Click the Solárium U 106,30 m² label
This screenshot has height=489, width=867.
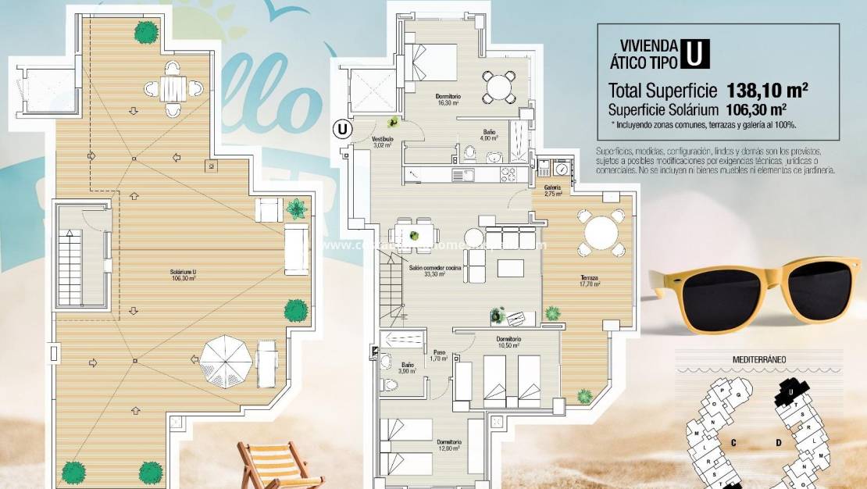(184, 274)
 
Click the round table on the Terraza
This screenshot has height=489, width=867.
(601, 233)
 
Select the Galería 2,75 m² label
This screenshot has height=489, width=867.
(553, 191)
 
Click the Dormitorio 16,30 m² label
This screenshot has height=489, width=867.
(448, 99)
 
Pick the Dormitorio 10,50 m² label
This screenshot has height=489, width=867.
(508, 342)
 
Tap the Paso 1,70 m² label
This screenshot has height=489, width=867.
(439, 355)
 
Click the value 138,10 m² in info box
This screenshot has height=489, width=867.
(766, 89)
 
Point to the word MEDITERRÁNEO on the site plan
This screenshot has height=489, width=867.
(758, 359)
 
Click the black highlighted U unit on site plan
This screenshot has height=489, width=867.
(791, 391)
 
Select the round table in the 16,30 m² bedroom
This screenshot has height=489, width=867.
(499, 87)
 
